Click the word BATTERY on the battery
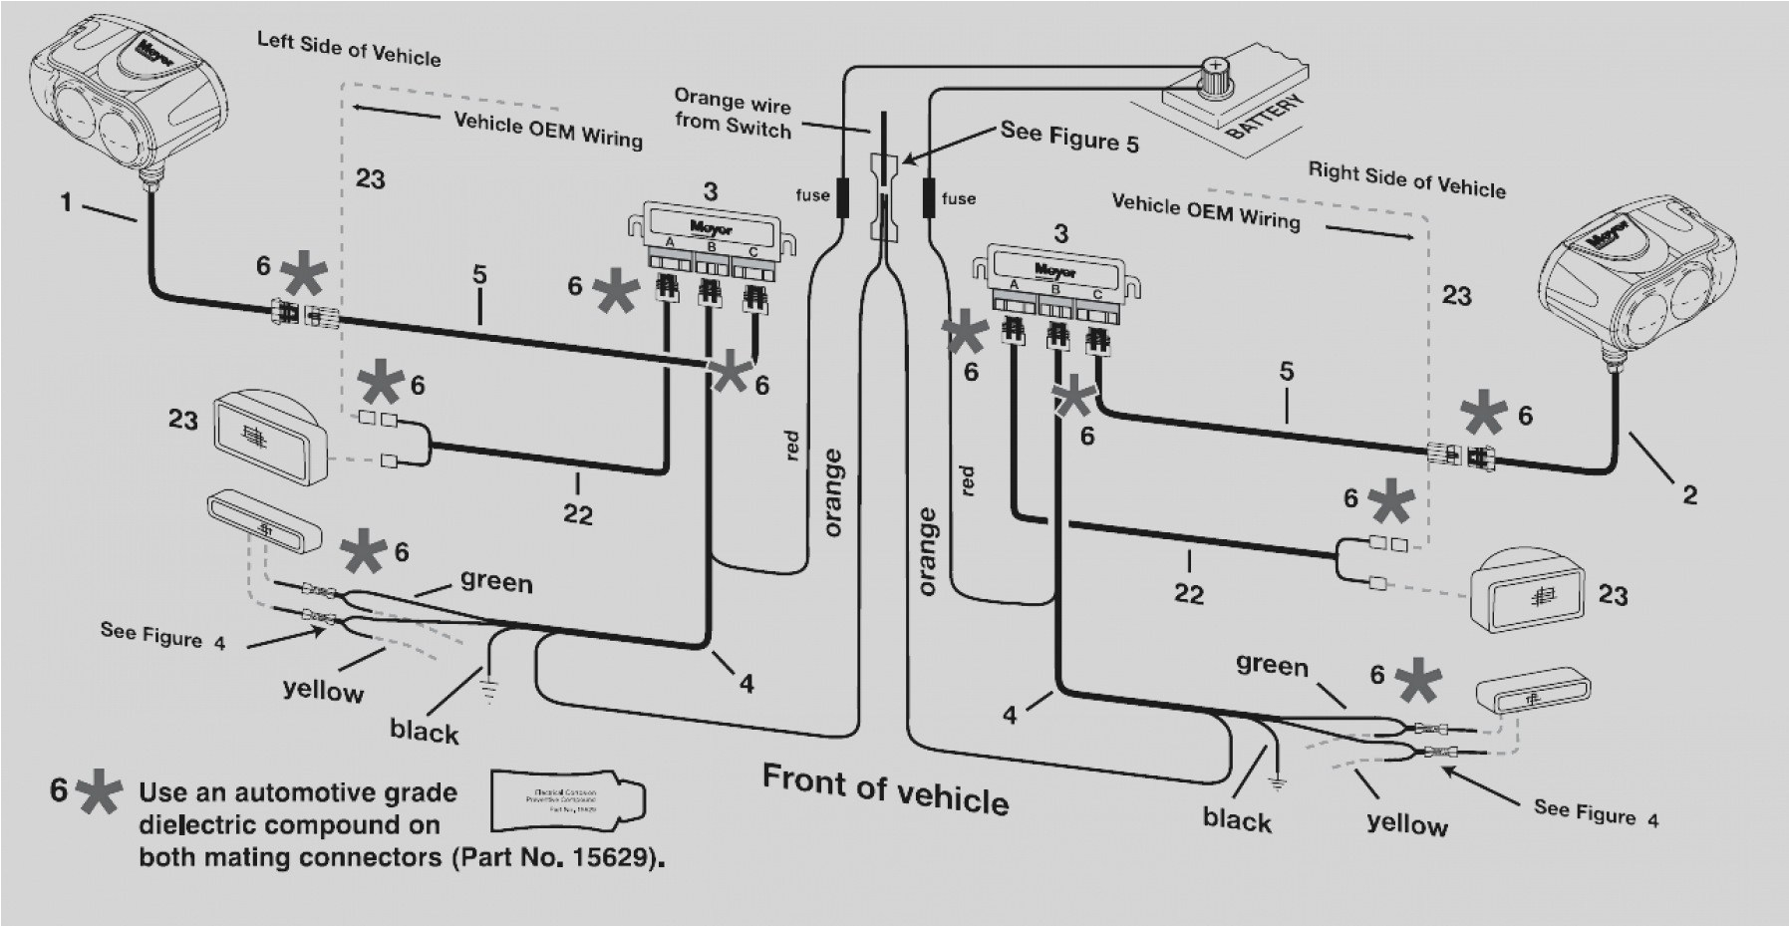pos(1263,118)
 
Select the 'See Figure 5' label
pos(1069,137)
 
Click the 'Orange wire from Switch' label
pos(733,113)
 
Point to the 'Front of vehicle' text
pos(885,788)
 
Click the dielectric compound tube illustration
pos(568,799)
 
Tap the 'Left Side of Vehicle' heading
pos(349,48)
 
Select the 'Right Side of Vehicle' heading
pos(1406,180)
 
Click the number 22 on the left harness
pos(577,514)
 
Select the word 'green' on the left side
pos(496,580)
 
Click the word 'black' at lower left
pos(425,731)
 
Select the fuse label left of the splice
pos(812,195)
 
